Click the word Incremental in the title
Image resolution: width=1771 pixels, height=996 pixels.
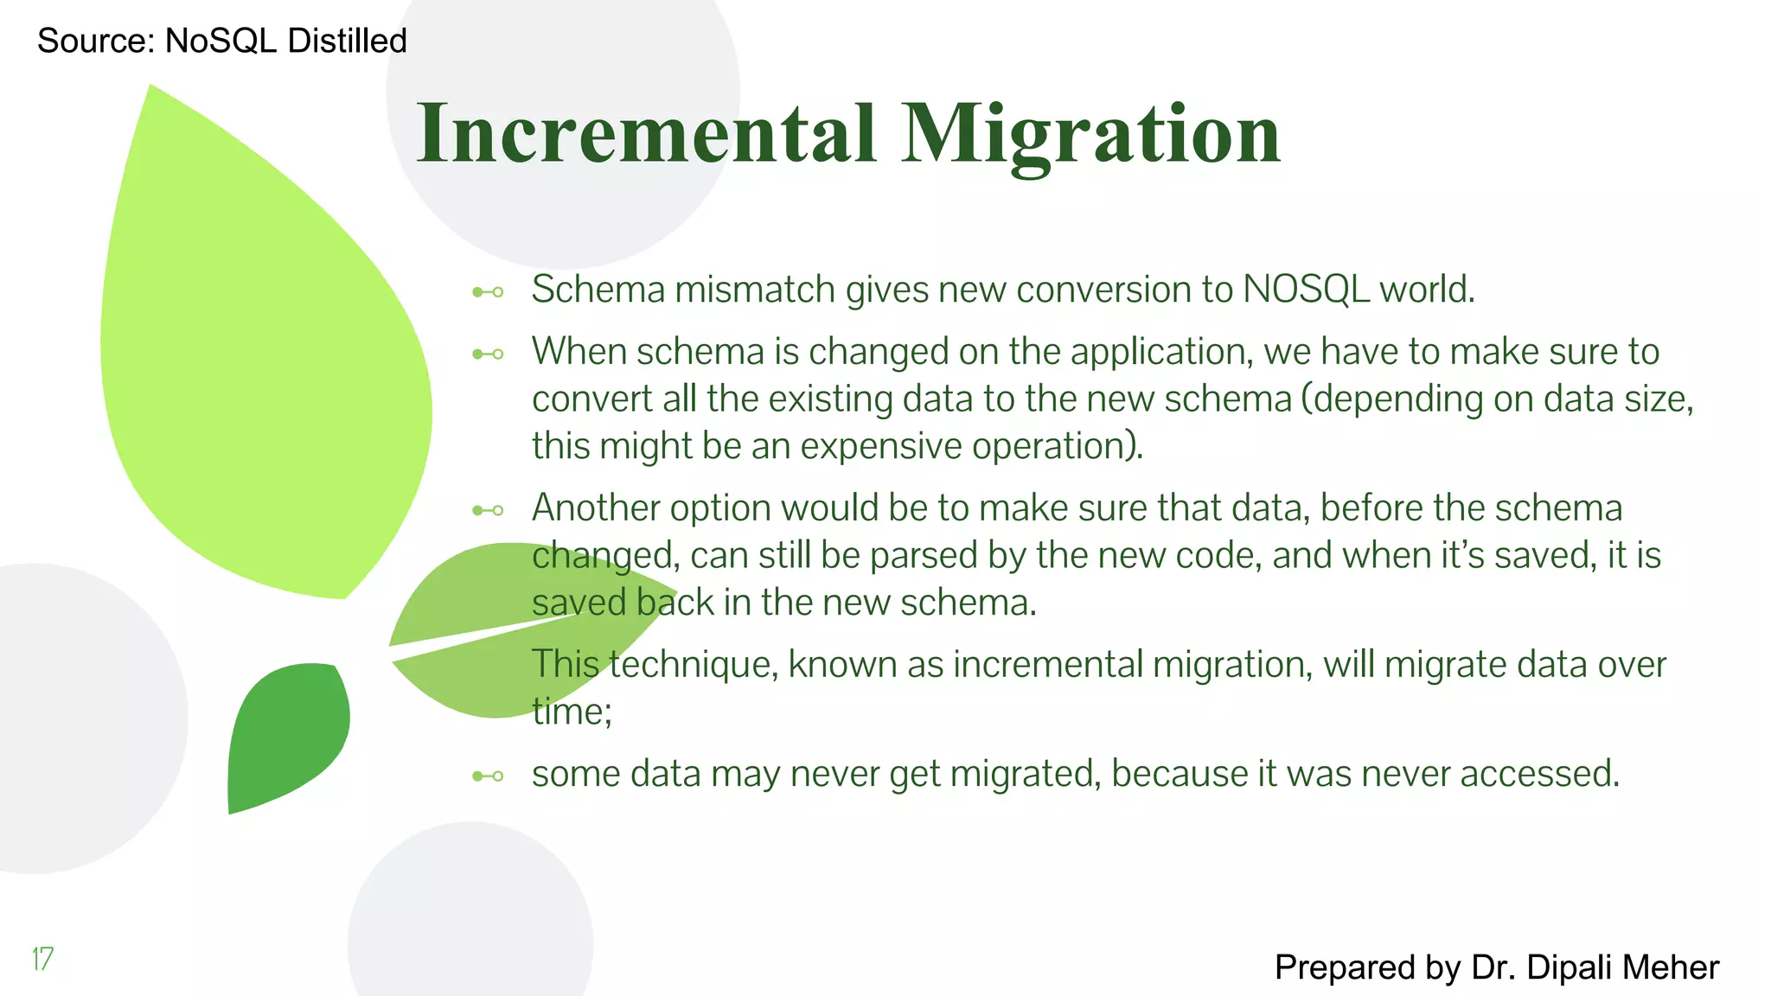pyautogui.click(x=646, y=133)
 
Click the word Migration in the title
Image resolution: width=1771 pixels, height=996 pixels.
pyautogui.click(x=1090, y=133)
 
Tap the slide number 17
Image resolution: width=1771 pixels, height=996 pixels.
pyautogui.click(x=42, y=959)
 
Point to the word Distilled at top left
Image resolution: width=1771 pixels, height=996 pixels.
pyautogui.click(x=347, y=41)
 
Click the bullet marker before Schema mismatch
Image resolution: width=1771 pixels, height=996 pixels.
pyautogui.click(x=488, y=292)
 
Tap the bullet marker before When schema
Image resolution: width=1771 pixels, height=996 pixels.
pyautogui.click(x=488, y=354)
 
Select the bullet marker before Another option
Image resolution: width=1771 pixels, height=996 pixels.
pyautogui.click(x=488, y=510)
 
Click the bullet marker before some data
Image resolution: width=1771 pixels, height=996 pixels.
pyautogui.click(x=488, y=776)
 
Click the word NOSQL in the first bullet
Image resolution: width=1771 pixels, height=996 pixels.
pyautogui.click(x=1306, y=290)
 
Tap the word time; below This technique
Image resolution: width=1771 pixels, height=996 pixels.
pyautogui.click(x=572, y=712)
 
